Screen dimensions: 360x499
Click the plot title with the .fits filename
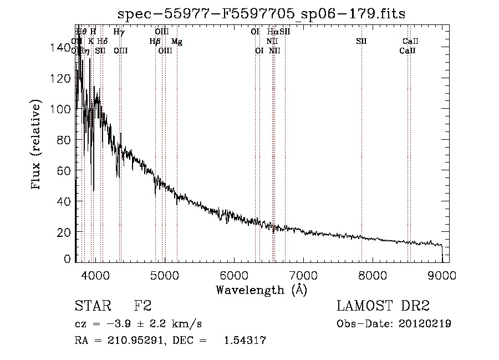click(x=262, y=14)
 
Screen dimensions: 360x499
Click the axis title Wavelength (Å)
click(x=261, y=289)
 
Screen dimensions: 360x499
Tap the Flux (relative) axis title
click(x=37, y=145)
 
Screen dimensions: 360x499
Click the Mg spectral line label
click(x=176, y=41)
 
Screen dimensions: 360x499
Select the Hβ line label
click(x=155, y=41)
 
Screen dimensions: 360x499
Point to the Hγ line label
click(x=119, y=32)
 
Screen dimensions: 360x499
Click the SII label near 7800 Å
click(x=361, y=41)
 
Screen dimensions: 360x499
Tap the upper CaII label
click(x=411, y=41)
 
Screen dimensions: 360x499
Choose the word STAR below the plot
click(x=93, y=306)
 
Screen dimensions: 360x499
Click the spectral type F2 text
click(x=142, y=306)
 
